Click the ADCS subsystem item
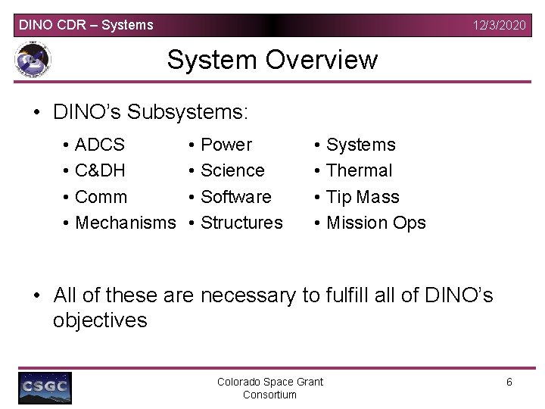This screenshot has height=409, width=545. [x=101, y=145]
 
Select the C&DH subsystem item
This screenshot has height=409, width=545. [x=101, y=170]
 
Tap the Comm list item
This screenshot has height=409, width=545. [x=101, y=197]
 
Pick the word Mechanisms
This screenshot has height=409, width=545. [x=126, y=223]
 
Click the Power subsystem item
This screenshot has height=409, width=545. [x=226, y=145]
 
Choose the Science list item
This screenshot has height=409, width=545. [x=232, y=170]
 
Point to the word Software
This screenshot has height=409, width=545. [x=235, y=197]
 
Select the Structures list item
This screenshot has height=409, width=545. [x=241, y=223]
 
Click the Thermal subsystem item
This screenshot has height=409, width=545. [x=359, y=170]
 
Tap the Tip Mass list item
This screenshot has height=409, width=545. [x=362, y=197]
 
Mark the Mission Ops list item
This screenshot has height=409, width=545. [x=375, y=223]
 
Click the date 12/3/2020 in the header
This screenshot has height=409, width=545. [x=499, y=25]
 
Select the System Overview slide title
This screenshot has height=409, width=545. [x=272, y=59]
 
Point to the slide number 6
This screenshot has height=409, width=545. [x=509, y=382]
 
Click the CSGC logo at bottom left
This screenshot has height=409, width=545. [x=45, y=387]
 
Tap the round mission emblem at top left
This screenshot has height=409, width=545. [x=33, y=61]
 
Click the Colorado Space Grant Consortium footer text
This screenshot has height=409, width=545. [x=270, y=388]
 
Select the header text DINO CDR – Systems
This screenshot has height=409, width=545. [x=86, y=25]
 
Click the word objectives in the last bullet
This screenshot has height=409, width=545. [x=100, y=320]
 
